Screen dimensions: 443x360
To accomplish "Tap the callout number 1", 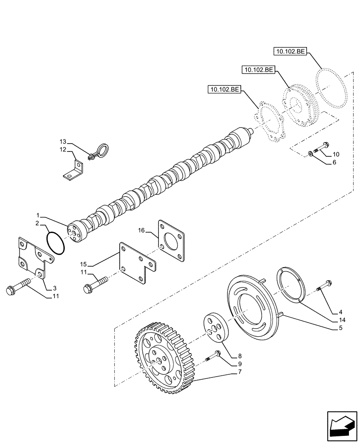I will pos(39,215).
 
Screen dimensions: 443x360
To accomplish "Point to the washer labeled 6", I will pos(311,154).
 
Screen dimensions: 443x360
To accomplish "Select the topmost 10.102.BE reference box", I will pos(289,52).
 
